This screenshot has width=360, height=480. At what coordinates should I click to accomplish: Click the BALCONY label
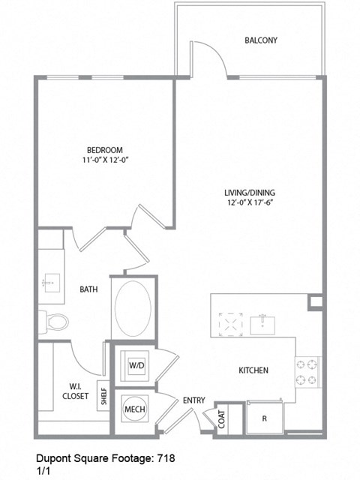click(x=261, y=40)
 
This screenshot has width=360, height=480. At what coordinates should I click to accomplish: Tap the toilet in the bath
click(x=54, y=322)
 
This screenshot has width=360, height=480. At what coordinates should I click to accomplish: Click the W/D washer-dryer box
click(x=136, y=366)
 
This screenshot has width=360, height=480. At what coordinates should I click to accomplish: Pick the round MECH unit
click(x=134, y=409)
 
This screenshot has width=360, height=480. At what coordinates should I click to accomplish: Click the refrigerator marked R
click(x=264, y=418)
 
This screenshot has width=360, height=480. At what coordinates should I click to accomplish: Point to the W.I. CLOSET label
click(x=74, y=391)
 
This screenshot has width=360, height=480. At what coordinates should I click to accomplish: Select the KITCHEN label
click(x=253, y=370)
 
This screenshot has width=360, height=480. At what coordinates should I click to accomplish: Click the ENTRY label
click(x=193, y=401)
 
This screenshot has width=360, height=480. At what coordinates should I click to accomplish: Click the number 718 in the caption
click(x=166, y=456)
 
